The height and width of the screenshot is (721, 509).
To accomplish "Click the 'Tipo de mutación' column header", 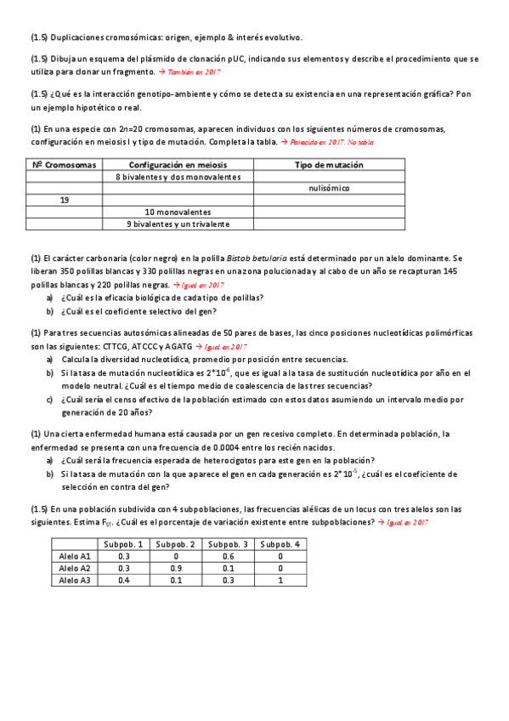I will pyautogui.click(x=328, y=164).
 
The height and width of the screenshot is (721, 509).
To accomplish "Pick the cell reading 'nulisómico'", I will pyautogui.click(x=328, y=188).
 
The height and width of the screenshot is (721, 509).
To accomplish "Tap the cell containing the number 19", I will pyautogui.click(x=65, y=200).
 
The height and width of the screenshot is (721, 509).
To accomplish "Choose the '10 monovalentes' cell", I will pyautogui.click(x=178, y=212).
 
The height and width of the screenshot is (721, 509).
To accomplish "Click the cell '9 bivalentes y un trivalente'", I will pyautogui.click(x=178, y=224).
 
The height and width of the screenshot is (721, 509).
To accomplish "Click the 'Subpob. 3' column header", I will pyautogui.click(x=228, y=543).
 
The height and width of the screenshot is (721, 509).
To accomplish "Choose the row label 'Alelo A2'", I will pyautogui.click(x=75, y=567).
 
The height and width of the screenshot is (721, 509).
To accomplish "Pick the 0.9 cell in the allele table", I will pyautogui.click(x=176, y=567).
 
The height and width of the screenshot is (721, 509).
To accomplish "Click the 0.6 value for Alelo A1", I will pyautogui.click(x=228, y=555).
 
